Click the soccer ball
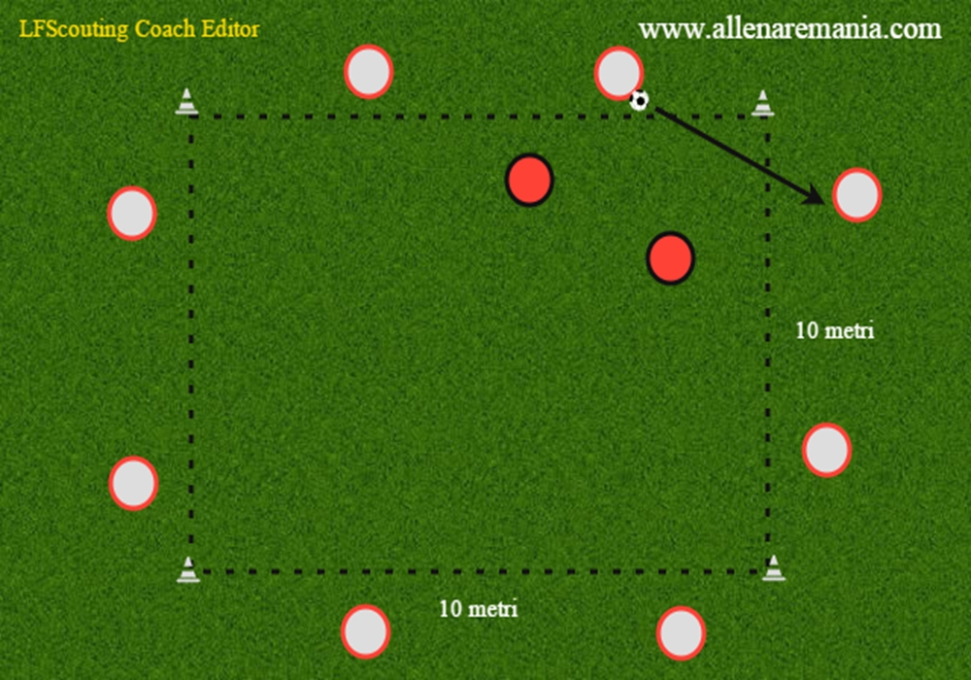click(x=639, y=100)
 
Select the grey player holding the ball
click(x=619, y=73)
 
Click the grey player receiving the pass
click(x=857, y=194)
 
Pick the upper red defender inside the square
click(x=529, y=180)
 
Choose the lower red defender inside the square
click(x=670, y=258)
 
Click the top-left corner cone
click(x=187, y=102)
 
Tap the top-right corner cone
click(x=763, y=103)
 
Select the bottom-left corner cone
click(x=188, y=570)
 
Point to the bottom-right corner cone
click(x=774, y=568)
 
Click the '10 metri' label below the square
click(x=478, y=609)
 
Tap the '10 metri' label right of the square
click(x=835, y=330)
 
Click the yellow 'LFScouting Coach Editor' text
click(x=139, y=29)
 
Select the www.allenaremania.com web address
click(x=790, y=28)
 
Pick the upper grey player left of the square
click(x=132, y=213)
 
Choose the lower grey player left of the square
click(x=133, y=483)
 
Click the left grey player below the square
click(x=365, y=631)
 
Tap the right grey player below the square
click(x=682, y=633)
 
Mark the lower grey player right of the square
click(x=826, y=450)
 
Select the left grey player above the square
click(x=368, y=71)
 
